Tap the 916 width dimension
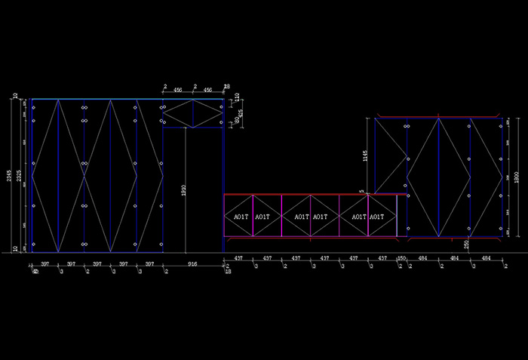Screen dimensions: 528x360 pyautogui.click(x=193, y=264)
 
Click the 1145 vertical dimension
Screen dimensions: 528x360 pyautogui.click(x=364, y=157)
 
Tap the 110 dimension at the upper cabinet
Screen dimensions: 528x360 pyautogui.click(x=237, y=97)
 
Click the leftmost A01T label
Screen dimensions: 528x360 pyautogui.click(x=241, y=217)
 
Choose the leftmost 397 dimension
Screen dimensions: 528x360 pyautogui.click(x=45, y=264)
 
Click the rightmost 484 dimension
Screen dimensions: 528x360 pyautogui.click(x=486, y=259)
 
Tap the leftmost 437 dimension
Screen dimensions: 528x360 pyautogui.click(x=238, y=259)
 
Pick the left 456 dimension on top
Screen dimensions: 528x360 pyautogui.click(x=178, y=89)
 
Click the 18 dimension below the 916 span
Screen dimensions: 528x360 pyautogui.click(x=228, y=271)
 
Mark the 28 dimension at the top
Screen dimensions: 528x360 pyautogui.click(x=226, y=88)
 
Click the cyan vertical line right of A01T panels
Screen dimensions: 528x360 pyautogui.click(x=396, y=217)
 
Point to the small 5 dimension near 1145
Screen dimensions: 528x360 pyautogui.click(x=362, y=192)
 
